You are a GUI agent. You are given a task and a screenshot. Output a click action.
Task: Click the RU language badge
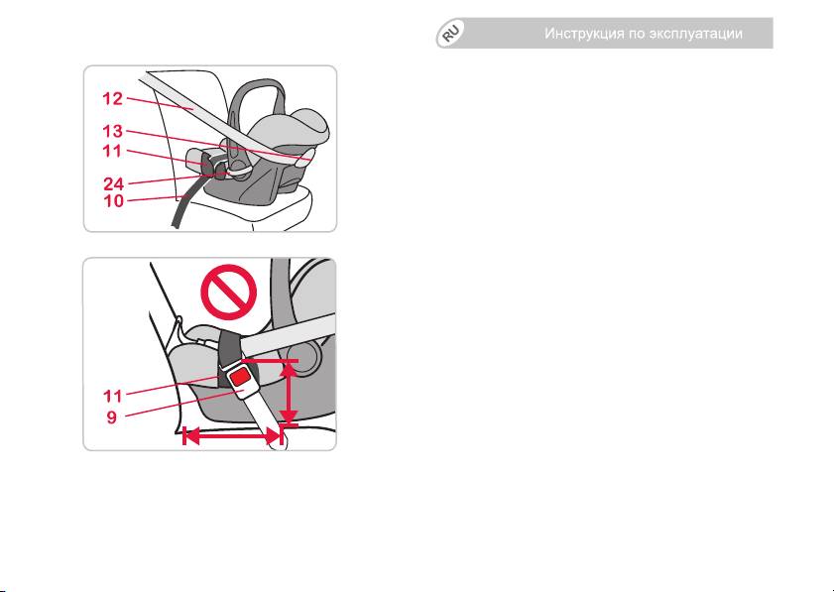click(x=450, y=34)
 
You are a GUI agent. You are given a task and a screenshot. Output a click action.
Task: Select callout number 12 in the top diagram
click(x=112, y=98)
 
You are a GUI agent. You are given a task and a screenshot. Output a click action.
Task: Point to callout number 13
click(x=112, y=131)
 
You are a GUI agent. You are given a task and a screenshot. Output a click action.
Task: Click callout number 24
click(x=113, y=184)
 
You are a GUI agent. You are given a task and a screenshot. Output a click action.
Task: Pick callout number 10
click(x=113, y=201)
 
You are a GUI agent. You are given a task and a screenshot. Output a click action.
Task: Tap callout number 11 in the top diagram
click(x=112, y=151)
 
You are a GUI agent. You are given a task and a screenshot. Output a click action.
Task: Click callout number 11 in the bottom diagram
click(x=112, y=396)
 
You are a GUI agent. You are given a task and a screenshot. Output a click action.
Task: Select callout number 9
click(x=111, y=417)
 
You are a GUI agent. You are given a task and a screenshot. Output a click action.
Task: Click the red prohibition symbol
click(x=229, y=292)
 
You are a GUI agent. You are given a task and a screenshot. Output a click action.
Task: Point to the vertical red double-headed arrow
click(x=289, y=393)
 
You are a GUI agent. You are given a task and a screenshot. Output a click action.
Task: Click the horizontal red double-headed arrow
click(x=232, y=437)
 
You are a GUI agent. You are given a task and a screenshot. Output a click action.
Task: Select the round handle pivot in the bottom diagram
click(x=303, y=354)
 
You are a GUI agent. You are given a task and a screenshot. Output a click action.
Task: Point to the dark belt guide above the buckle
click(x=230, y=349)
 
